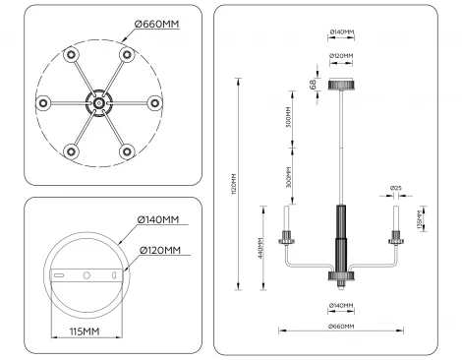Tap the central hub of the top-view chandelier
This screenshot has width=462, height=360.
click(98, 101)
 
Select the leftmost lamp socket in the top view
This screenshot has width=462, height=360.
click(42, 101)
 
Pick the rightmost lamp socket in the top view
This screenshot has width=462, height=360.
click(154, 101)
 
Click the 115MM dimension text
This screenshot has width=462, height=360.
click(87, 331)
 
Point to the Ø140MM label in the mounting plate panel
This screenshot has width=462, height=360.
click(159, 219)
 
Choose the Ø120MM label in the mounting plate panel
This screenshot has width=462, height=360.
click(159, 251)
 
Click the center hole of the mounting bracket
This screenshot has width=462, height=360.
click(87, 273)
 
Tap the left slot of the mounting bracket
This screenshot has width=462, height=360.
click(59, 274)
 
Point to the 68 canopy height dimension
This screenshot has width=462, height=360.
click(314, 85)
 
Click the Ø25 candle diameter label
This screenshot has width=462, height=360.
click(396, 187)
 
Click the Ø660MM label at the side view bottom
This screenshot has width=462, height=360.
click(341, 326)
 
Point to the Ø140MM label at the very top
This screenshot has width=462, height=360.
click(341, 31)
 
